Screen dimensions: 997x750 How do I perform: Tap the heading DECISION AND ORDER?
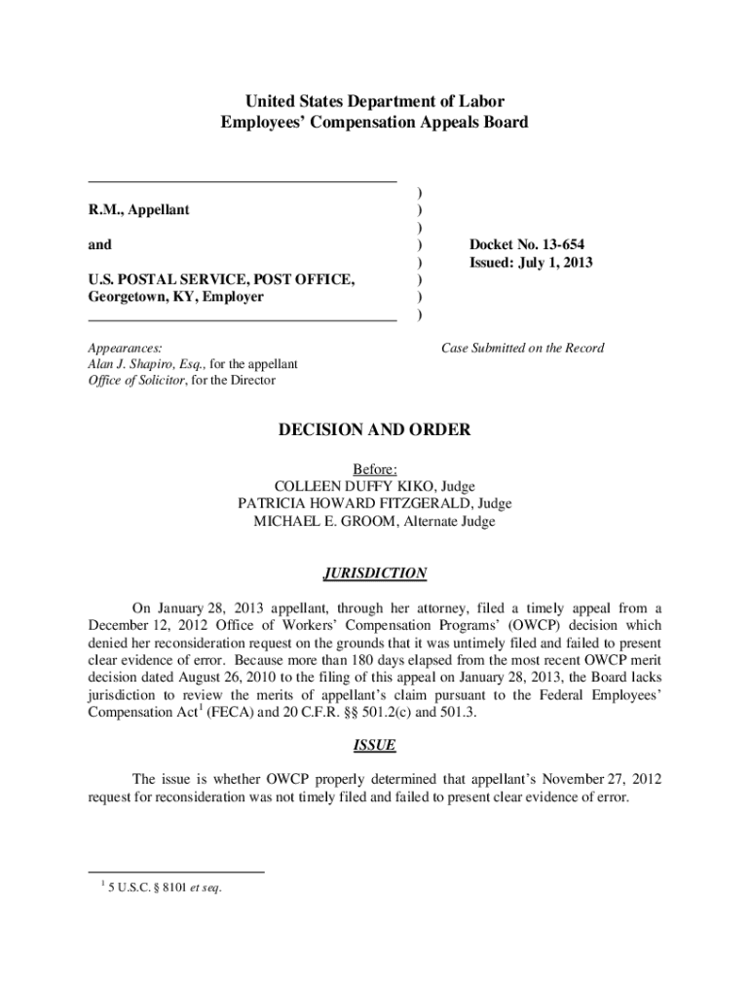375,429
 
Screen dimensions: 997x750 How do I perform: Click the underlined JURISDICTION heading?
375,572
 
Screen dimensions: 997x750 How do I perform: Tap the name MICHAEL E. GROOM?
322,521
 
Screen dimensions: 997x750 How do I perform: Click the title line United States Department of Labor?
375,102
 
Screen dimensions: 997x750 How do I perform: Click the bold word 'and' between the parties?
99,244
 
